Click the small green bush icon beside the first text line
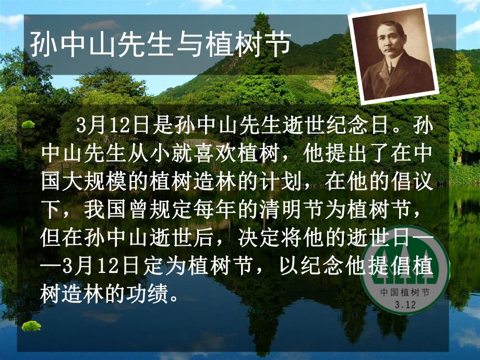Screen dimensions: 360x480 tap(29, 125)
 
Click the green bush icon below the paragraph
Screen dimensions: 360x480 tap(31, 327)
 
